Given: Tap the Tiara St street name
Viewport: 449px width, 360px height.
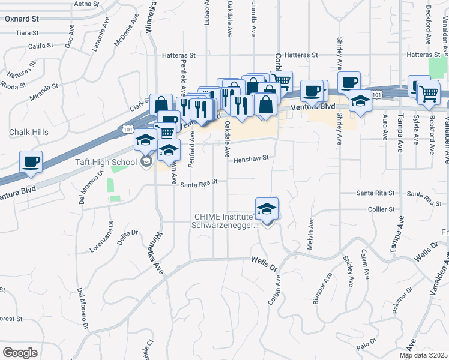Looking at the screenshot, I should click(x=27, y=33).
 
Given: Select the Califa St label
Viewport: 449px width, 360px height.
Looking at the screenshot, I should click(x=40, y=45).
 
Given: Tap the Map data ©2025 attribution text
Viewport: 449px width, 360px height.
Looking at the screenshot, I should click(x=424, y=355).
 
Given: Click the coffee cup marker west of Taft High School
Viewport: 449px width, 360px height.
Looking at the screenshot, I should click(x=31, y=161).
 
